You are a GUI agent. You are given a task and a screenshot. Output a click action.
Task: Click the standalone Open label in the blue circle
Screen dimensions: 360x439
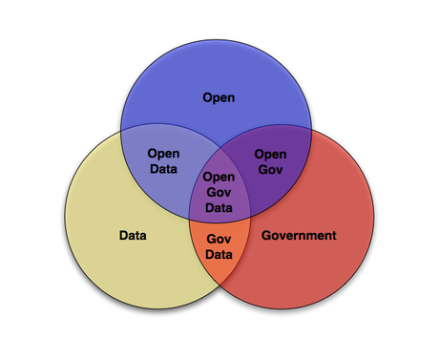tap(219, 96)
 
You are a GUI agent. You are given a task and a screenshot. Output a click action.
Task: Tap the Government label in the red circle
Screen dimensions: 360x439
tap(299, 234)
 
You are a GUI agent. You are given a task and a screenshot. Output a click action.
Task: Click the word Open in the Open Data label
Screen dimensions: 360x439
tap(163, 153)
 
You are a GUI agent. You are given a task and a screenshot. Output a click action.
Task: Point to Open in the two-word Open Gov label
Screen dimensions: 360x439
tap(270, 154)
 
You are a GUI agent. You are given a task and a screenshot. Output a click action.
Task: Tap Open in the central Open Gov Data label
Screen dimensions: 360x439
tap(219, 177)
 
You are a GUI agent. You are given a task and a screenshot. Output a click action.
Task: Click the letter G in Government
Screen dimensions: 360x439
tap(266, 234)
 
